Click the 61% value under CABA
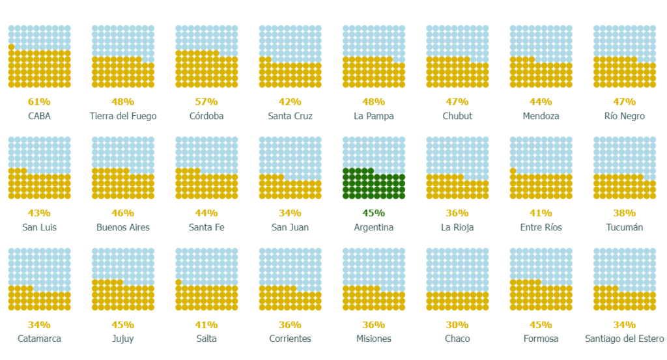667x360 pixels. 39,102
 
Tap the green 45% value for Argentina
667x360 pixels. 373,213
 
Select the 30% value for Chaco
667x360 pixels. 457,325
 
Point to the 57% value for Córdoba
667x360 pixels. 206,102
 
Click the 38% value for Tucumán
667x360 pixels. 624,213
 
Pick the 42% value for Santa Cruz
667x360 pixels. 290,102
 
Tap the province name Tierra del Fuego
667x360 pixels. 123,116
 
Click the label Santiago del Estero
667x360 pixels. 624,339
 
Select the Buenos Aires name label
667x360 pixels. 123,227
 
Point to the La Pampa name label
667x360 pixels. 373,116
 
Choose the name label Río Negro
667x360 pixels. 624,116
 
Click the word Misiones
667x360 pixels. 373,339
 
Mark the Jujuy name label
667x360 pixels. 123,339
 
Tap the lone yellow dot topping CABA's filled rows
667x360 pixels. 11,47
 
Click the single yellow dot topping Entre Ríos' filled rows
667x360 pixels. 513,171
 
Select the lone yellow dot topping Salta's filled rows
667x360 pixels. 178,283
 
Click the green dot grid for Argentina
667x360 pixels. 373,183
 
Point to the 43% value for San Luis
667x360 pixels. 39,213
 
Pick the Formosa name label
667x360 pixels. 541,339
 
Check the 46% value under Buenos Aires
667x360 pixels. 123,213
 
